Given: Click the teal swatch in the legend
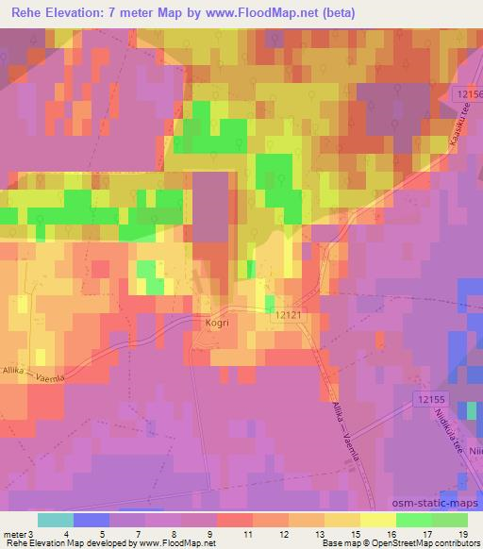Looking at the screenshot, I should point(56,520).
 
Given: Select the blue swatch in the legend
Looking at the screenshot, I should point(92,520).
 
